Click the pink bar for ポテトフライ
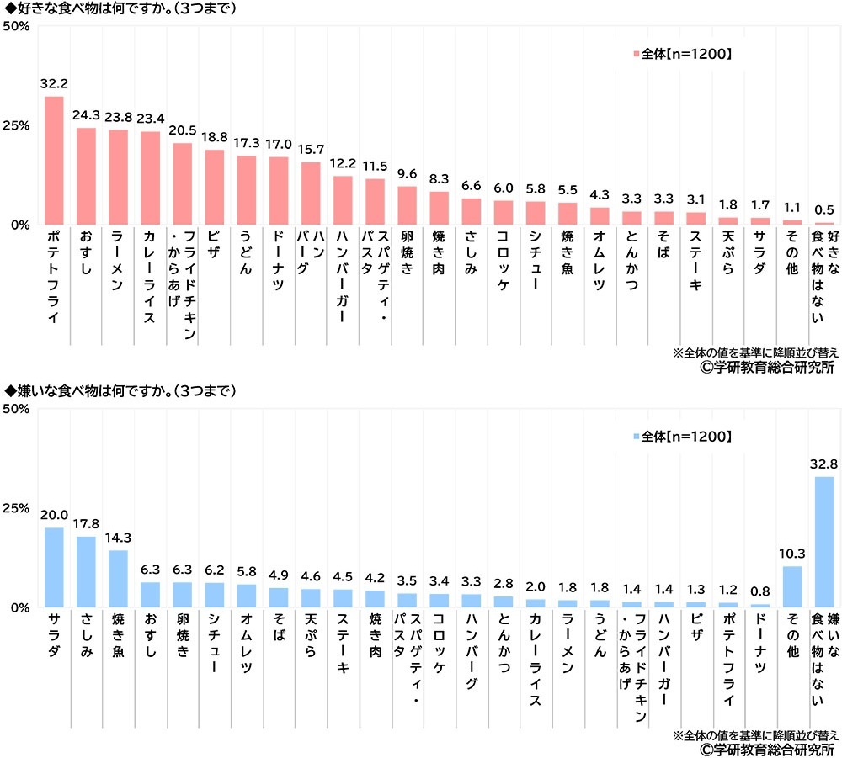click(x=54, y=161)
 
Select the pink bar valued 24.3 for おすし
click(x=86, y=177)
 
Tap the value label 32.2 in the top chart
click(x=54, y=85)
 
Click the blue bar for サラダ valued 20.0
click(x=54, y=568)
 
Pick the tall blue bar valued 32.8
click(x=823, y=542)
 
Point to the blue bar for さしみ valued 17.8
click(x=86, y=572)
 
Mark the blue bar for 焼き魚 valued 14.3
click(x=118, y=579)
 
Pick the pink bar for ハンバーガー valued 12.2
click(x=343, y=200)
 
